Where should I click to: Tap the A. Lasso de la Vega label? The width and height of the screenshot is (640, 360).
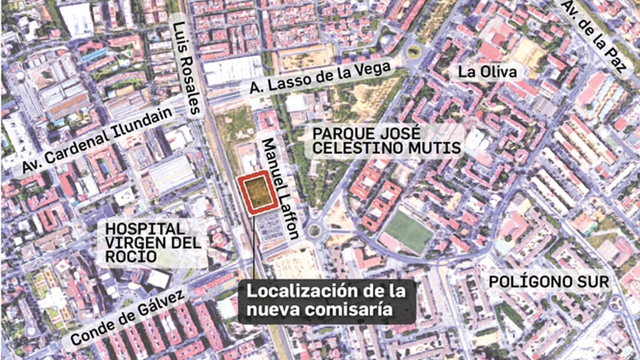(x=320, y=78)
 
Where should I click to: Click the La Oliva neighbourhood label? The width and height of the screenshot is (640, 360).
(x=487, y=72)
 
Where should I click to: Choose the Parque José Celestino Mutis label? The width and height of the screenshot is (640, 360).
(x=386, y=141)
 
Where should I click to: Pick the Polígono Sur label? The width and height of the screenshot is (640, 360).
(x=548, y=282)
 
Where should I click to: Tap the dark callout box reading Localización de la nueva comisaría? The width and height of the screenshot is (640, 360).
(x=326, y=301)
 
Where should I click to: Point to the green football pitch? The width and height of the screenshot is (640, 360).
(x=408, y=231)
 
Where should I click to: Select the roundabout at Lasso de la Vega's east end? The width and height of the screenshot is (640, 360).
(x=413, y=51)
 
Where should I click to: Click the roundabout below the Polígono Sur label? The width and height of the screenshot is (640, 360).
(x=618, y=302)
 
